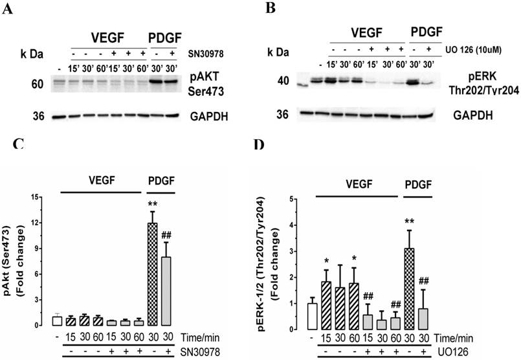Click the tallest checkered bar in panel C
(x=153, y=275)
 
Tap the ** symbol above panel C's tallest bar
(x=153, y=203)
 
